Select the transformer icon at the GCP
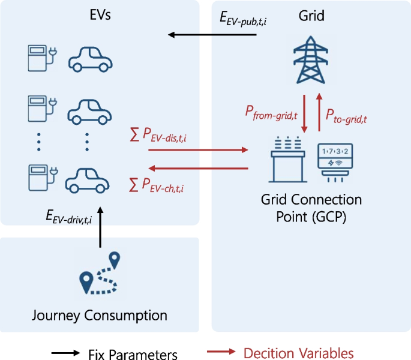click(286, 160)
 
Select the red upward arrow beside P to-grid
click(319, 112)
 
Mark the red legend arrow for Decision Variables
click(220, 353)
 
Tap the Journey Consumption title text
click(100, 315)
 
